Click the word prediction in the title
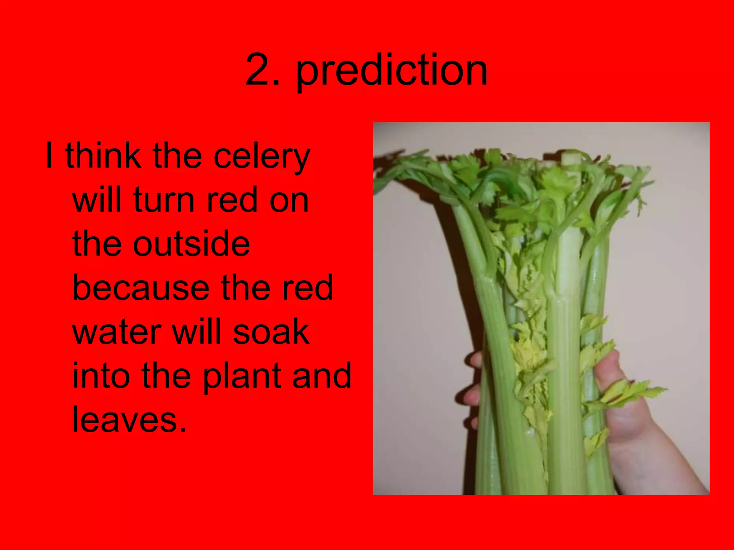[392, 71]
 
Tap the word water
[116, 332]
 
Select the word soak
[271, 332]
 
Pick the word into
[101, 376]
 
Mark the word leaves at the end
[129, 420]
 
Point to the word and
[321, 376]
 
